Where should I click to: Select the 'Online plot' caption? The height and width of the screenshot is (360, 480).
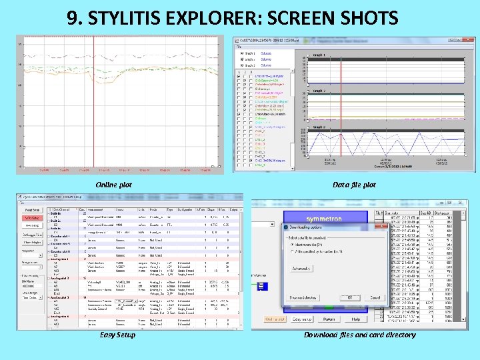tap(113, 185)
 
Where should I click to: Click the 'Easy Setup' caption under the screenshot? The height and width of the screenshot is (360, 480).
tap(117, 335)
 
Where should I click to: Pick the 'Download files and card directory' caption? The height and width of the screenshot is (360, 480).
tap(359, 335)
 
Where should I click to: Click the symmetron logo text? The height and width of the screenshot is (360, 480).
tap(324, 219)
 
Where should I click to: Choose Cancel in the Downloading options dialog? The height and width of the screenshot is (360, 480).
tap(375, 298)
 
